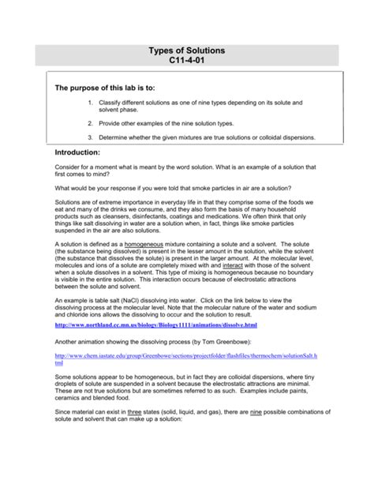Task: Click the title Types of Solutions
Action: [186, 51]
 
